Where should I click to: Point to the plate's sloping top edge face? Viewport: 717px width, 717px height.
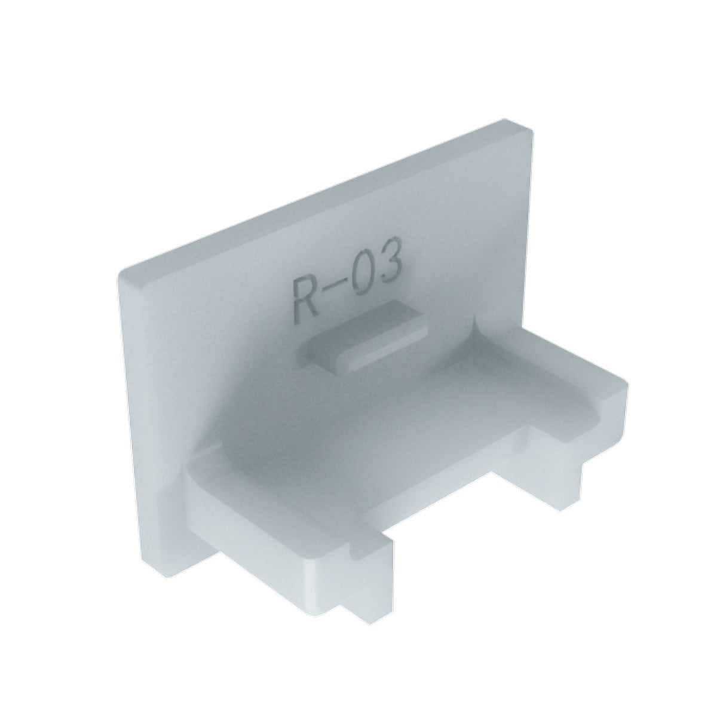pos(323,197)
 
